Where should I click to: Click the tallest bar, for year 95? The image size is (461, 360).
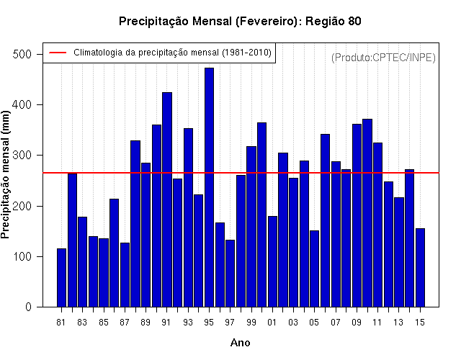pyautogui.click(x=209, y=187)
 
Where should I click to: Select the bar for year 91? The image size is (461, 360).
pyautogui.click(x=167, y=199)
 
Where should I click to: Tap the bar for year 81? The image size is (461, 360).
pyautogui.click(x=61, y=278)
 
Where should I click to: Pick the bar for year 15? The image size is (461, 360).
pyautogui.click(x=420, y=268)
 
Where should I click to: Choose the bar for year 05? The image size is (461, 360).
pyautogui.click(x=314, y=269)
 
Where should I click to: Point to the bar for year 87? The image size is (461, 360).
pyautogui.click(x=125, y=275)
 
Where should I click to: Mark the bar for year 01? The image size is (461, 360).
pyautogui.click(x=272, y=261)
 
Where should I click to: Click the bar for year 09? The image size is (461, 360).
pyautogui.click(x=357, y=215)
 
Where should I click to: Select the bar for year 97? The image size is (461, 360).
pyautogui.click(x=230, y=274)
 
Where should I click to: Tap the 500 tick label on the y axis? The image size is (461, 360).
pyautogui.click(x=22, y=55)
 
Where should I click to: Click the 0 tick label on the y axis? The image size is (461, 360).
pyautogui.click(x=28, y=307)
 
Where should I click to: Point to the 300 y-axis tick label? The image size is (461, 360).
pyautogui.click(x=22, y=156)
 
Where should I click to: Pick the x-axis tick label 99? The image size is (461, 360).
pyautogui.click(x=251, y=323)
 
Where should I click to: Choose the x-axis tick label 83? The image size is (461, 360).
pyautogui.click(x=82, y=323)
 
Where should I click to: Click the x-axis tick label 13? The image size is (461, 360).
pyautogui.click(x=398, y=323)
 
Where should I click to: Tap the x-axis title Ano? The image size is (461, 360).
pyautogui.click(x=240, y=343)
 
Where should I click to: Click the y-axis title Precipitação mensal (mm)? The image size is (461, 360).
pyautogui.click(x=5, y=174)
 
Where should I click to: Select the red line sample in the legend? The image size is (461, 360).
pyautogui.click(x=58, y=53)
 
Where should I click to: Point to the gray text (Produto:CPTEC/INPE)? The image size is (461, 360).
pyautogui.click(x=383, y=58)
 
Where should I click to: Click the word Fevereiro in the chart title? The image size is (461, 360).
pyautogui.click(x=266, y=21)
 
